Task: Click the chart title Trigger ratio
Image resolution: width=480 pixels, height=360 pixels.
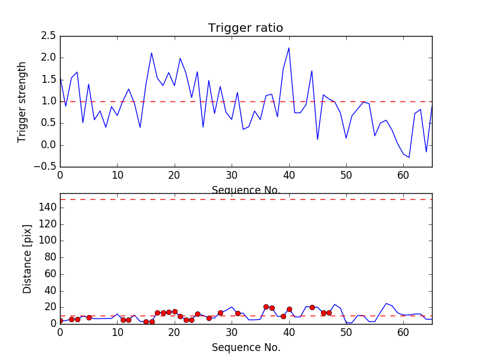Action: [x=245, y=28]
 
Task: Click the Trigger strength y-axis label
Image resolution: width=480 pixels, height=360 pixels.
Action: [x=22, y=101]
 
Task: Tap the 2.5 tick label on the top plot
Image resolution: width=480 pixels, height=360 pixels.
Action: [x=49, y=36]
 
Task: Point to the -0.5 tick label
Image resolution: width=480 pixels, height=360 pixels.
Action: [x=46, y=167]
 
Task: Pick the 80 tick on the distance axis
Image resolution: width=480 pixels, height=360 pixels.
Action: [x=49, y=257]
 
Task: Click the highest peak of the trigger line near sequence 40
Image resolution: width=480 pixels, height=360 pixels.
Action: [x=289, y=48]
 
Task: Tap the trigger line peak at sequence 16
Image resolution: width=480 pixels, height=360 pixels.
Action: [x=151, y=53]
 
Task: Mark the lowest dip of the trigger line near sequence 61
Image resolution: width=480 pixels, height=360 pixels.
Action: [x=409, y=157]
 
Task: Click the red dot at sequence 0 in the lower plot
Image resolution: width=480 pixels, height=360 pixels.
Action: [x=60, y=321]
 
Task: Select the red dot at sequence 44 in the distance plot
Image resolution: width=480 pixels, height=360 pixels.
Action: [x=312, y=307]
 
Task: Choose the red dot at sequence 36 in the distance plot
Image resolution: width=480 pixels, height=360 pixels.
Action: [x=266, y=307]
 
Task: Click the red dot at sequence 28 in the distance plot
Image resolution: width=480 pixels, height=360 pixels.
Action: [x=220, y=313]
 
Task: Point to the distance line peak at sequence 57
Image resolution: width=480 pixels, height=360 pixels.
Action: [x=386, y=304]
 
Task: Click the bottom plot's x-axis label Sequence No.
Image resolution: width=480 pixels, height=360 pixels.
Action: [x=245, y=347]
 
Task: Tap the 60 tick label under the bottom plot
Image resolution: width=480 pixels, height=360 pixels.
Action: [x=403, y=332]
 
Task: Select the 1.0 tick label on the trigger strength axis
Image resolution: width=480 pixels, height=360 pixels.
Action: [x=49, y=101]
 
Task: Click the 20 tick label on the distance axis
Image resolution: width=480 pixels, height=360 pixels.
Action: [x=49, y=307]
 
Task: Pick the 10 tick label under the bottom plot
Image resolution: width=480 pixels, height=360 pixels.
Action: [x=117, y=332]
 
